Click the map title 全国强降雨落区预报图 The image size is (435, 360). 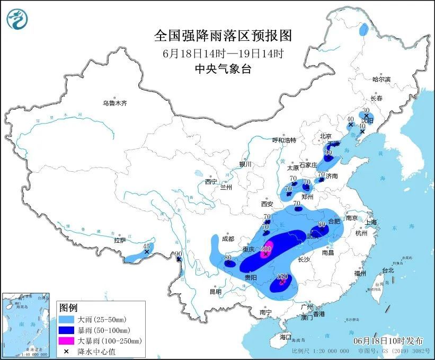click(x=223, y=36)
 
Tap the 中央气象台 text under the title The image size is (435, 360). click(x=223, y=69)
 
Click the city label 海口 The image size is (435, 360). click(x=286, y=337)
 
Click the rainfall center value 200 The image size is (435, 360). click(x=267, y=249)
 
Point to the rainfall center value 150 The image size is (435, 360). click(x=282, y=277)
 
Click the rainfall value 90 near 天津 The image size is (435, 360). click(x=328, y=153)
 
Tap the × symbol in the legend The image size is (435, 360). click(x=66, y=351)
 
